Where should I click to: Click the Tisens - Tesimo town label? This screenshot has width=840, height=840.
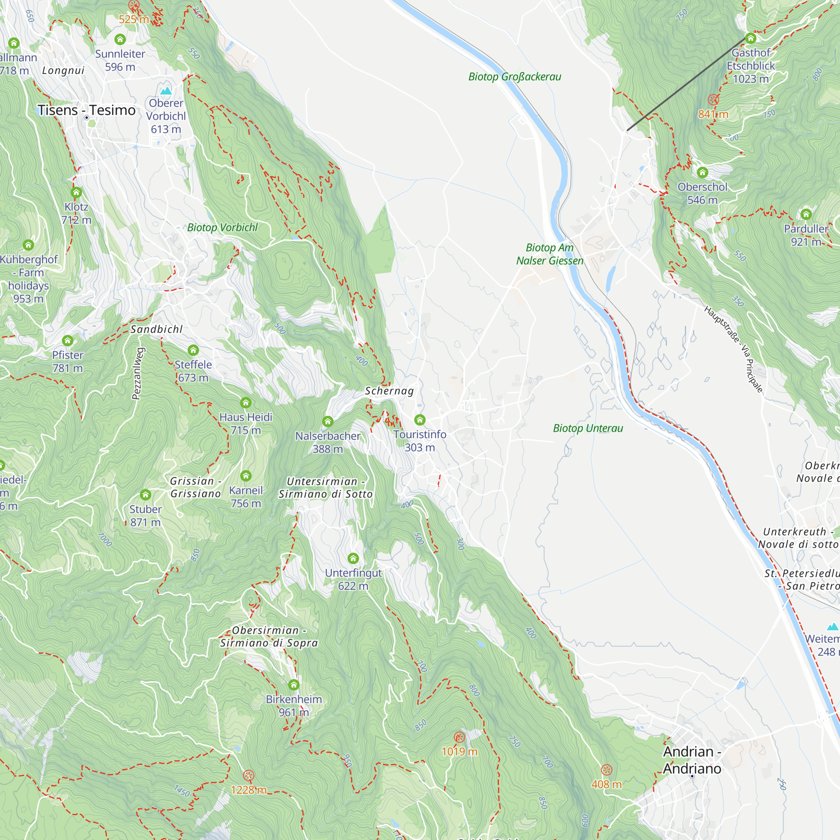[x=87, y=110]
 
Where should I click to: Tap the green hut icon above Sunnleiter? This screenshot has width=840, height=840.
[x=120, y=39]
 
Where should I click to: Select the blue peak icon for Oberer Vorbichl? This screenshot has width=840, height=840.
[x=165, y=91]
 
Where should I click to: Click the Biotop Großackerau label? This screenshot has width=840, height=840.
[x=514, y=77]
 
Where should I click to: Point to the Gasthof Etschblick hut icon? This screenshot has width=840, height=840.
[x=751, y=39]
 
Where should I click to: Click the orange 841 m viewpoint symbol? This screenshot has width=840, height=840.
[x=713, y=100]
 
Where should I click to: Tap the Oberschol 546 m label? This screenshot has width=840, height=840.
[x=702, y=193]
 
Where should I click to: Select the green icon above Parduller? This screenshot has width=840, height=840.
[x=806, y=214]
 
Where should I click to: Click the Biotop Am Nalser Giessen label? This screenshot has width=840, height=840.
[x=549, y=254]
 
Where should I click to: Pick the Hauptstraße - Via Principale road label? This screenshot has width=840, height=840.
[x=733, y=349]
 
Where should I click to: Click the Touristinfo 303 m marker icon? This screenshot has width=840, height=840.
[x=420, y=420]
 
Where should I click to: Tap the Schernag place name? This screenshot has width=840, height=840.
[x=389, y=391]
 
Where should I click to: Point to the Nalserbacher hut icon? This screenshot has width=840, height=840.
[x=328, y=421]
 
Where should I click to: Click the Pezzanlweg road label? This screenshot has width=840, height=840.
[x=136, y=373]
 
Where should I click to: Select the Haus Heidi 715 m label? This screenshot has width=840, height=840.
[x=246, y=423]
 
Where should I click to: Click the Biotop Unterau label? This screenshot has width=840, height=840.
[x=588, y=428]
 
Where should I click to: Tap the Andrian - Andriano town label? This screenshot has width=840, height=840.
[x=692, y=760]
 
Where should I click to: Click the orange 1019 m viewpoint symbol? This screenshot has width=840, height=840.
[x=459, y=737]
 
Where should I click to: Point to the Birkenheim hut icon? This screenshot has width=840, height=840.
[x=294, y=685]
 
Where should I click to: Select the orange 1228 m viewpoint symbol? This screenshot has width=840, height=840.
[x=248, y=776]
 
